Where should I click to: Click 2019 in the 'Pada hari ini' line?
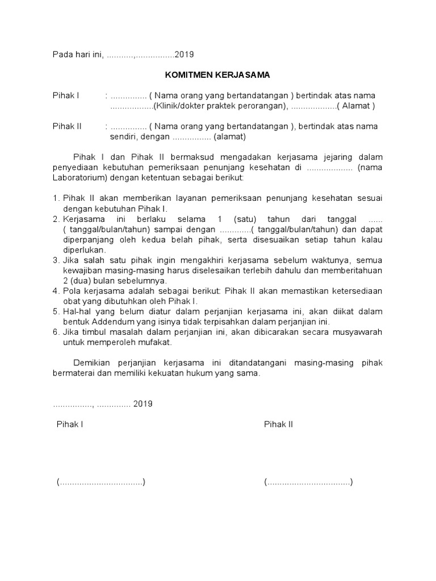(x=185, y=54)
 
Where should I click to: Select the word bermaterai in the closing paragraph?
(x=73, y=373)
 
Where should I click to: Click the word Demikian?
(x=92, y=363)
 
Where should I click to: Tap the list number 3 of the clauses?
(x=56, y=260)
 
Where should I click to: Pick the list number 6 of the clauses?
(x=56, y=332)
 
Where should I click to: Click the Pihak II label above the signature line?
(x=278, y=424)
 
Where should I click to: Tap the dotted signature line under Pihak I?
(x=101, y=482)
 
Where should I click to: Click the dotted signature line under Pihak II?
(x=308, y=482)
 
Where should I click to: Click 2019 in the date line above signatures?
(x=143, y=404)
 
